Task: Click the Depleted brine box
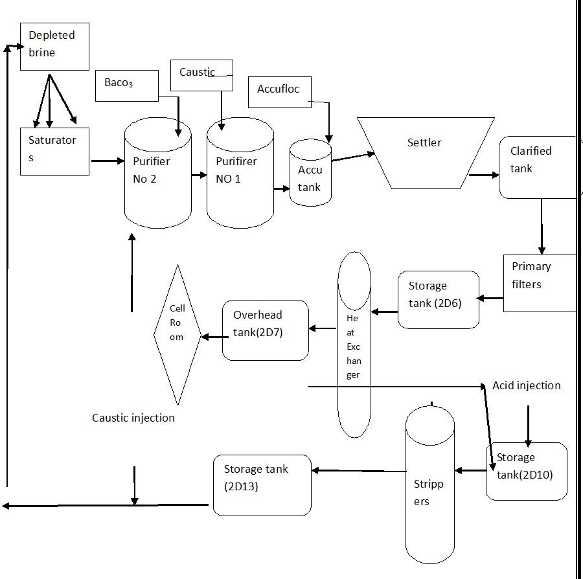click(54, 47)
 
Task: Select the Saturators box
click(54, 151)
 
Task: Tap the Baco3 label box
click(127, 86)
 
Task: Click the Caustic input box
click(201, 75)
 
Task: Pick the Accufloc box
click(279, 92)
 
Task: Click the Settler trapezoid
click(426, 153)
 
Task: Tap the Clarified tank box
click(536, 166)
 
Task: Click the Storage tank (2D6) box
click(438, 299)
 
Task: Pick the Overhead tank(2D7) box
click(265, 330)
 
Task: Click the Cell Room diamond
click(177, 335)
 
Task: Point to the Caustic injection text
click(133, 418)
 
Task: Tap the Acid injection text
click(526, 385)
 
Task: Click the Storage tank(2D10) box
click(526, 471)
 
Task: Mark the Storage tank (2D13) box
click(262, 484)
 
